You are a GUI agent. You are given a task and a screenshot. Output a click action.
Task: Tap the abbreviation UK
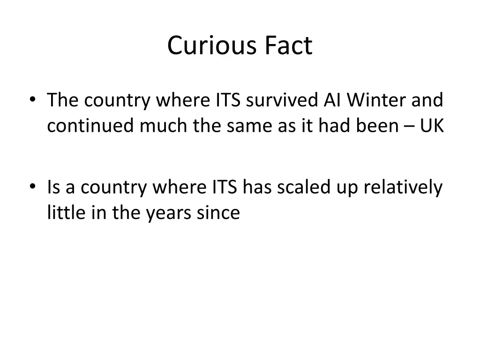pyautogui.click(x=432, y=127)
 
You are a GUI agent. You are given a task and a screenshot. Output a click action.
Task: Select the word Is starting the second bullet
pyautogui.click(x=53, y=187)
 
